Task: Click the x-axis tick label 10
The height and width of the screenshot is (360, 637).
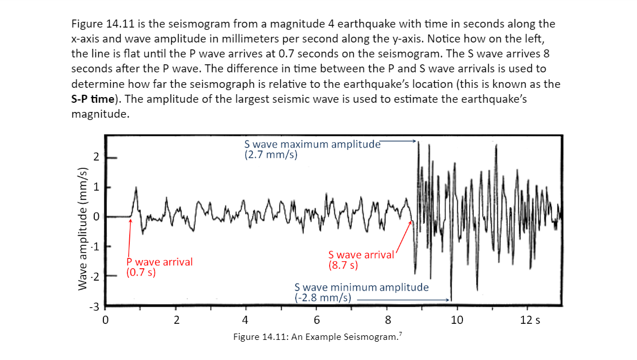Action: click(457, 320)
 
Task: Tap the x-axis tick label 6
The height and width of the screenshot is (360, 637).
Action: click(316, 320)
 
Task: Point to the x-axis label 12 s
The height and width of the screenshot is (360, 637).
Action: click(530, 320)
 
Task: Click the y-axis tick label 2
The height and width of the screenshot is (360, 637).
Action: click(96, 157)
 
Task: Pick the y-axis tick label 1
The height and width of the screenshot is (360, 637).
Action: click(96, 187)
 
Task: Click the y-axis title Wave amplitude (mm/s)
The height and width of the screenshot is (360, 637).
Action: click(82, 229)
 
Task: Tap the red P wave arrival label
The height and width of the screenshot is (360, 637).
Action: click(159, 267)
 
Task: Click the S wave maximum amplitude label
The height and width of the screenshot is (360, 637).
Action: click(312, 149)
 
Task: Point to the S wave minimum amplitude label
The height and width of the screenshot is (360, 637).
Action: click(361, 292)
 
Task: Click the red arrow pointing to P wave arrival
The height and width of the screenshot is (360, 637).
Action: click(129, 241)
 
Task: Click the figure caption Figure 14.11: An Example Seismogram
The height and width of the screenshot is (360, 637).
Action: click(316, 337)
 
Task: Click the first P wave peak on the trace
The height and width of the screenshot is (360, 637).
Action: click(136, 188)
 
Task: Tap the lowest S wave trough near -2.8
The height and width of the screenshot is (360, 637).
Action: click(451, 299)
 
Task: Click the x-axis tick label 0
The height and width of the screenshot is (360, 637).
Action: click(105, 320)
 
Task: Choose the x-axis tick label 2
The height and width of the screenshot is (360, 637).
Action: click(176, 320)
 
